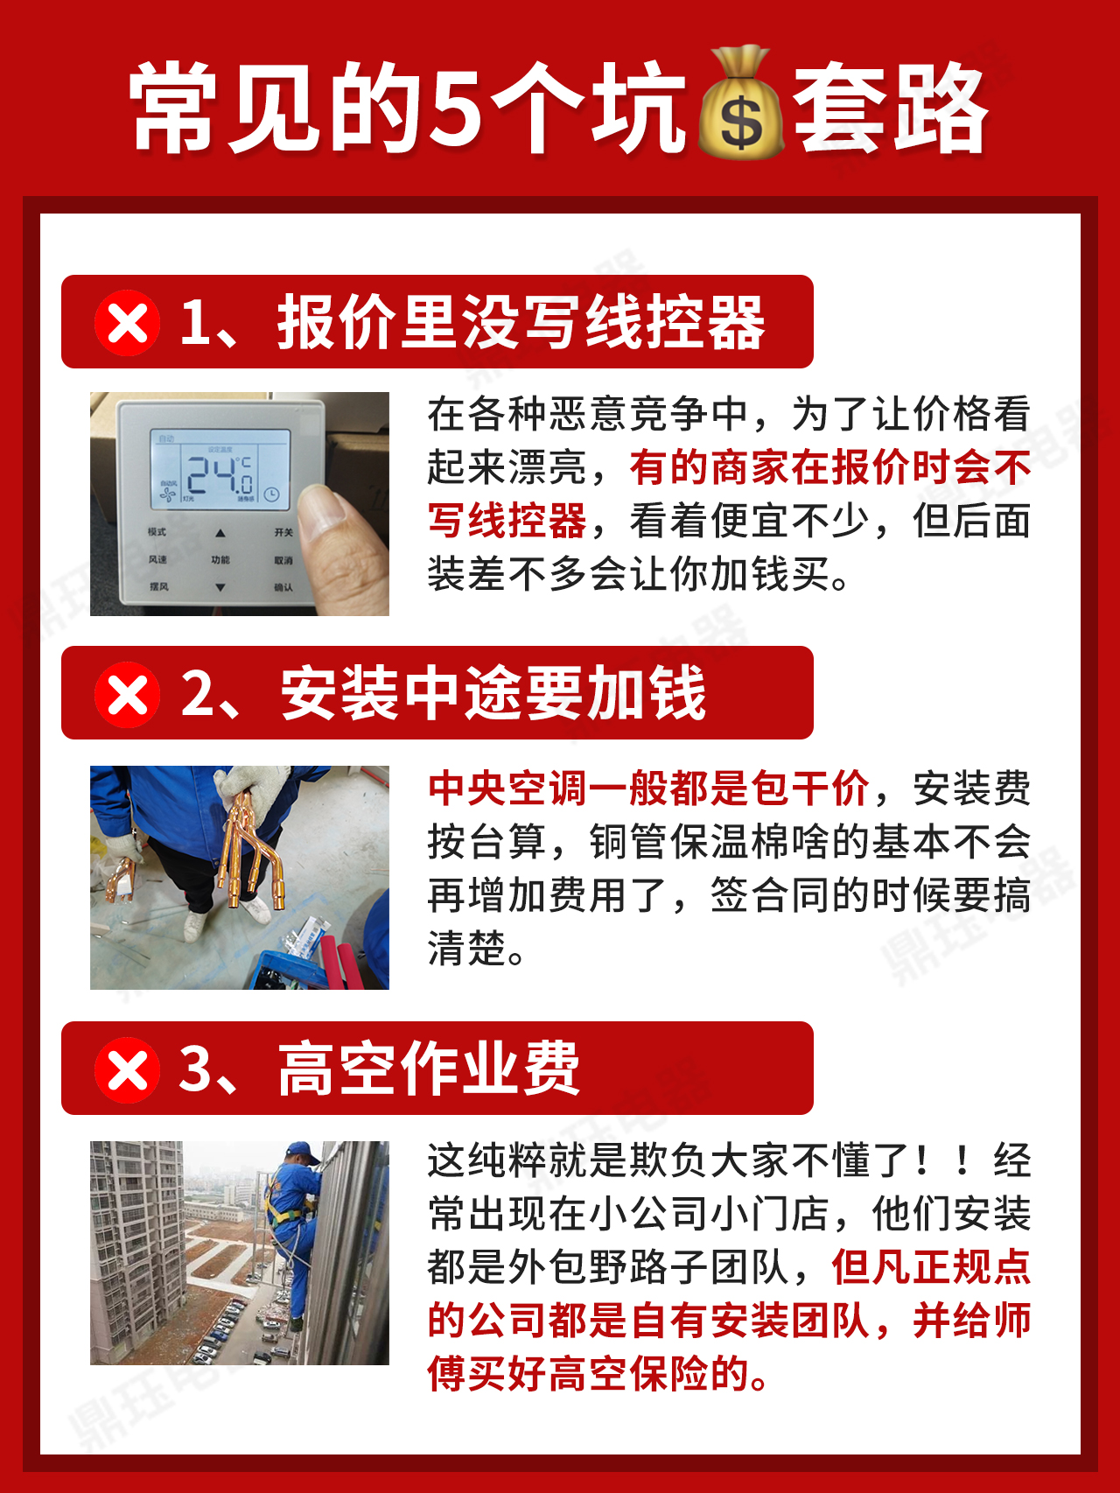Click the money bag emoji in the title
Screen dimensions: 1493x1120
(x=740, y=105)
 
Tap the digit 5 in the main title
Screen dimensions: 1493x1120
(x=456, y=108)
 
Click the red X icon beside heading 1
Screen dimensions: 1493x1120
(x=128, y=323)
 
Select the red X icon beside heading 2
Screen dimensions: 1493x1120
(x=128, y=695)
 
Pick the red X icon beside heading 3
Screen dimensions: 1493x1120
(x=128, y=1069)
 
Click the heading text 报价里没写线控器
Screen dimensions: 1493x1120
(x=521, y=323)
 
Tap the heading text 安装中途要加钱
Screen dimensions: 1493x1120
(x=493, y=694)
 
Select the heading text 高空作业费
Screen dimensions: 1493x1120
(x=429, y=1069)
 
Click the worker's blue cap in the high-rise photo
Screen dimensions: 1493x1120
(x=303, y=1151)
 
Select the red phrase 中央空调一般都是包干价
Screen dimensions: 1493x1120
(x=648, y=789)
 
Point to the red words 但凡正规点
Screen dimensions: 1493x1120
(x=931, y=1267)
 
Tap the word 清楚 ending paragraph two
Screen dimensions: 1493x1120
(x=467, y=949)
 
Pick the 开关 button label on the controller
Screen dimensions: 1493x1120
(x=283, y=532)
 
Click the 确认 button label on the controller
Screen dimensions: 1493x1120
(x=283, y=587)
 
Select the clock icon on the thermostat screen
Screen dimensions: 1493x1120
(x=273, y=494)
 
